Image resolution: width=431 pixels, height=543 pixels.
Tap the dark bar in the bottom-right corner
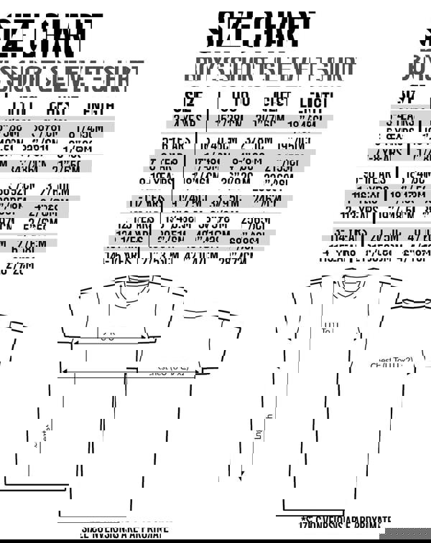pyautogui.click(x=408, y=534)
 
